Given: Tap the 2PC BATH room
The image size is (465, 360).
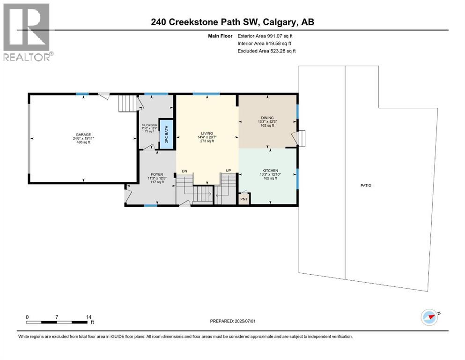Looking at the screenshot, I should (165, 135).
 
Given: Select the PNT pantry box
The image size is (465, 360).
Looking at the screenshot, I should (244, 199).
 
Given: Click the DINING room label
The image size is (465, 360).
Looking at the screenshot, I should (267, 118).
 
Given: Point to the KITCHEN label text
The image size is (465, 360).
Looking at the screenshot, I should (270, 171).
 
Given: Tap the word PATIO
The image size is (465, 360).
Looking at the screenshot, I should (365, 186).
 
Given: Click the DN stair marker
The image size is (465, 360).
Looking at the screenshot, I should (185, 171).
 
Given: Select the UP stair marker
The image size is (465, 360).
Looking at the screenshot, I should (229, 171).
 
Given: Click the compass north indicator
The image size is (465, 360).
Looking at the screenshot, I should (429, 318).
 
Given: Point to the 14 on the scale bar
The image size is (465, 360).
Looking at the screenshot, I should (89, 317).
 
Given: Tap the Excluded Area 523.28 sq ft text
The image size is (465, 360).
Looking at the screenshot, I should (267, 51).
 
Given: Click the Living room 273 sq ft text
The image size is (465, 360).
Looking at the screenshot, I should (206, 141).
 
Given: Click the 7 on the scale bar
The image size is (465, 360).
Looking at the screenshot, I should (57, 317).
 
